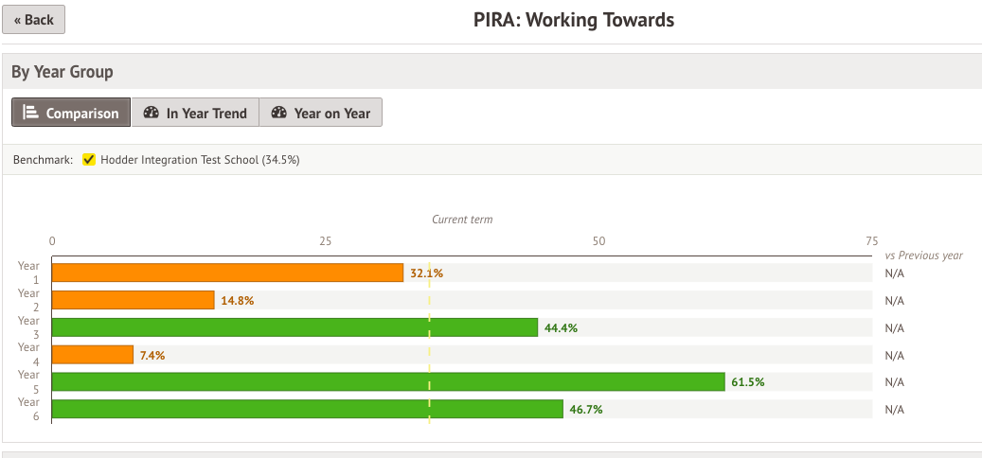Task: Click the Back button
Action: click(33, 19)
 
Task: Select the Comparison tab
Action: click(71, 113)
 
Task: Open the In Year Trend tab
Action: click(194, 113)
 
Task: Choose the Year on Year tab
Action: click(320, 113)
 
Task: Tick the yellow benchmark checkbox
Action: click(89, 160)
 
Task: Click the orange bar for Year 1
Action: click(227, 273)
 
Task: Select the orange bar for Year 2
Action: click(133, 300)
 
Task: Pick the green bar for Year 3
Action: click(295, 327)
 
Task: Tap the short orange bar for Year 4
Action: click(92, 355)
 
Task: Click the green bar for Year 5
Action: click(387, 382)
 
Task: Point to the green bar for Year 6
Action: click(307, 410)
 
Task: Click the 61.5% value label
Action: click(748, 382)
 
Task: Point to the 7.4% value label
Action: click(152, 355)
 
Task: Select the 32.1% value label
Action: click(426, 273)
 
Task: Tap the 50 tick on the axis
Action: click(598, 241)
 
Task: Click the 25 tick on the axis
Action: click(326, 241)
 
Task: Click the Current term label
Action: click(462, 220)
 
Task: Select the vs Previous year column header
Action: click(923, 255)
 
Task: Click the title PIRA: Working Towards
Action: click(574, 20)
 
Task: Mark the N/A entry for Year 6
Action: click(894, 410)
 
